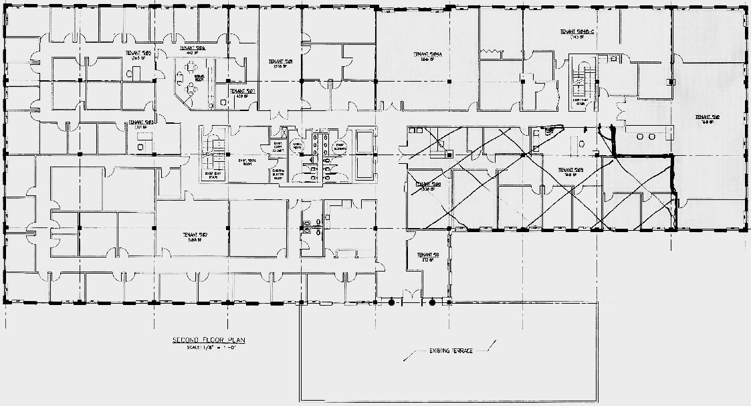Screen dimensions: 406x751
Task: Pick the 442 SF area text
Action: pyautogui.click(x=193, y=54)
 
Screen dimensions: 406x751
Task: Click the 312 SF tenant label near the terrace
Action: pyautogui.click(x=427, y=258)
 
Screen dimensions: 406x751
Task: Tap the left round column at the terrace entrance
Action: pyautogui.click(x=392, y=303)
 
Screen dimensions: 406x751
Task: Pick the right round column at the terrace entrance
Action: pyautogui.click(x=432, y=303)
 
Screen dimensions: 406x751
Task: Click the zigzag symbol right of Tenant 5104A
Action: pyautogui.click(x=492, y=52)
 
